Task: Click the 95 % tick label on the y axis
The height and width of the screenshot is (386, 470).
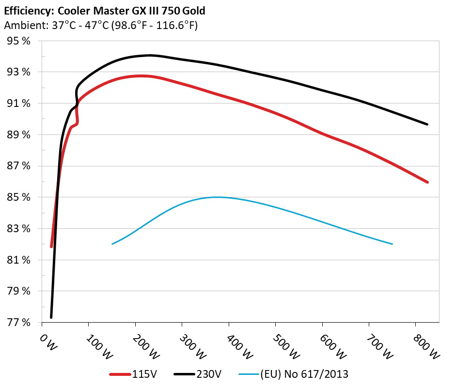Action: click(x=18, y=41)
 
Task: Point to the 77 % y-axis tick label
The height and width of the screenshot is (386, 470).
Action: click(x=18, y=322)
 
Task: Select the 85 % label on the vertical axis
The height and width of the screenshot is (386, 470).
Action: click(x=18, y=197)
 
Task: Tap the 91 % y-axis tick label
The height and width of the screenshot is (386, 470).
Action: click(x=18, y=104)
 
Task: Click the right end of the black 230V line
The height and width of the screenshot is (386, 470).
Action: click(x=427, y=124)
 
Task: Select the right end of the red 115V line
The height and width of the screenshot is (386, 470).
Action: click(x=427, y=182)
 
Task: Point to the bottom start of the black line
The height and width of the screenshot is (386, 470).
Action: click(x=51, y=317)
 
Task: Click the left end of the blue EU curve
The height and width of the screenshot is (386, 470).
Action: click(x=112, y=244)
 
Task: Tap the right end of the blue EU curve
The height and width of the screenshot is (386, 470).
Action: click(x=392, y=244)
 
